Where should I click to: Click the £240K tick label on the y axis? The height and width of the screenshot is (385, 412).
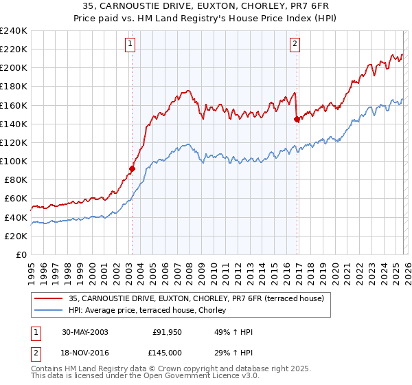pos(13,31)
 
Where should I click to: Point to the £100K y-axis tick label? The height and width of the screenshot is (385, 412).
pos(13,161)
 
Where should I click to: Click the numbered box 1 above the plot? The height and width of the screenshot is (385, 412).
pos(130,45)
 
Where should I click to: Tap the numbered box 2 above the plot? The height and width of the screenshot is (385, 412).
pos(295,45)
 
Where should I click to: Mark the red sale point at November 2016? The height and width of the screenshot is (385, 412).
pos(297,119)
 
